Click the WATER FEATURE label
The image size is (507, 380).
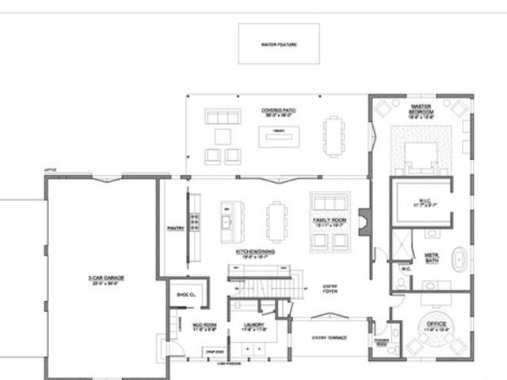(x=279, y=44)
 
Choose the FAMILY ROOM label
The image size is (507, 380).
(x=327, y=221)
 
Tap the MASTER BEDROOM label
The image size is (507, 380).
(x=420, y=110)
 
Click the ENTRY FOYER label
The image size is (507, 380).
(x=330, y=289)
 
